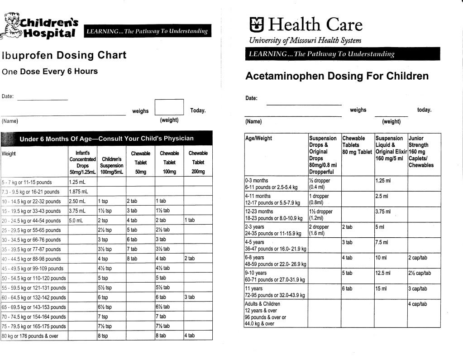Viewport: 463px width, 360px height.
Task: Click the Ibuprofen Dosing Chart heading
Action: [x=64, y=55]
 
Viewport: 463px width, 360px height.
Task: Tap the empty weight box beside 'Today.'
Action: [x=169, y=107]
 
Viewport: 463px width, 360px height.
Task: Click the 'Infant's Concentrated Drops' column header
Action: [x=82, y=162]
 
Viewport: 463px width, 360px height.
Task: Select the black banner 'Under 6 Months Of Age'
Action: [x=106, y=139]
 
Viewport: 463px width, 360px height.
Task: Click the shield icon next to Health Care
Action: [x=256, y=24]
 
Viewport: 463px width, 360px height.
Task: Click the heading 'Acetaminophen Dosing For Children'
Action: [x=337, y=76]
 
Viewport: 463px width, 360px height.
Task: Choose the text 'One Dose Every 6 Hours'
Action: [x=50, y=72]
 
